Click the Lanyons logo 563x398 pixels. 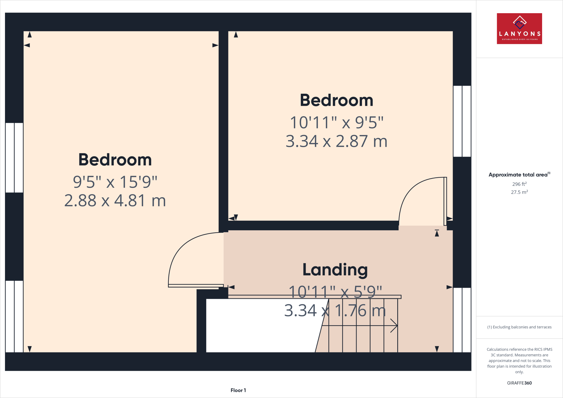tap(519, 29)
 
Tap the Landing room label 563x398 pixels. tap(335, 270)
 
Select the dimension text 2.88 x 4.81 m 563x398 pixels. tap(115, 201)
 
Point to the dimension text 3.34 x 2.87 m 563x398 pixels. tap(336, 141)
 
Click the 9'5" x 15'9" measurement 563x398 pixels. tap(115, 182)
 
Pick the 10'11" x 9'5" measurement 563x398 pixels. tap(336, 123)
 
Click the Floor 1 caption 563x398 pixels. tap(238, 390)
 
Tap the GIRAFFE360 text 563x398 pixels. tap(519, 383)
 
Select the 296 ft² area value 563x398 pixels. tap(519, 184)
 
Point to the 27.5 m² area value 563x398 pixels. tap(519, 192)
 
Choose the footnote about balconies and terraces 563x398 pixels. tap(519, 327)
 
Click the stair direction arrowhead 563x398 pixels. tap(394, 326)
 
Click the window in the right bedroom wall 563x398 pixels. tap(462, 121)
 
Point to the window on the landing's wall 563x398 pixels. tap(462, 320)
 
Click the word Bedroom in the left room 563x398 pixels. tap(115, 160)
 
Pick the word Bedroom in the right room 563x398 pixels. tap(336, 101)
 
